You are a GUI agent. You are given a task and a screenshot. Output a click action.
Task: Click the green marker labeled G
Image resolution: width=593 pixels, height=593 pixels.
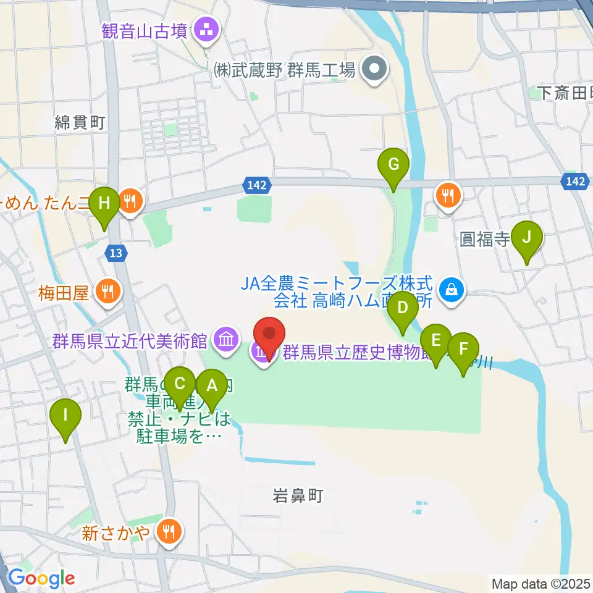coord(394,166)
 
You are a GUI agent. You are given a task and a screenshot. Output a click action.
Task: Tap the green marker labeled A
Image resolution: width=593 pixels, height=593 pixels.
coord(212,387)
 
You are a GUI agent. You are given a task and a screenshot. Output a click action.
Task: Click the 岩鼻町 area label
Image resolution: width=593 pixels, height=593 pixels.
coord(298,496)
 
